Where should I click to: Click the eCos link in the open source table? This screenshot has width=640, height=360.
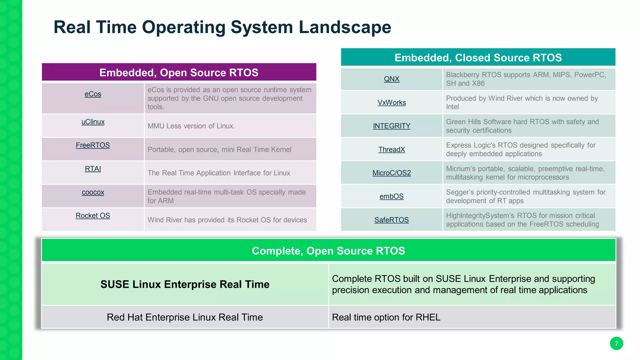(x=93, y=94)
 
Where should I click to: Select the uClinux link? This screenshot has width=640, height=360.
(x=93, y=122)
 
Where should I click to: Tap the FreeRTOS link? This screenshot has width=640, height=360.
(x=93, y=145)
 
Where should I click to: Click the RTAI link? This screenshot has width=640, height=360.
(x=93, y=169)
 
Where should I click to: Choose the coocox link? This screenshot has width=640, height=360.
(x=93, y=192)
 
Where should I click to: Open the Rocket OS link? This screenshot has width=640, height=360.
(x=93, y=216)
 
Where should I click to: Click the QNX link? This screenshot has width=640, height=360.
(x=392, y=79)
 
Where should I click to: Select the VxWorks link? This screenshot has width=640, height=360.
(x=392, y=102)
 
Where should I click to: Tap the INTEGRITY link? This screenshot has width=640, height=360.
(x=392, y=126)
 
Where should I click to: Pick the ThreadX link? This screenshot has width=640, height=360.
(x=392, y=149)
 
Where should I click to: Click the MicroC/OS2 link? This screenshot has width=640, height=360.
(x=392, y=173)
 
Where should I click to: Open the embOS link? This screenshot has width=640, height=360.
(x=392, y=196)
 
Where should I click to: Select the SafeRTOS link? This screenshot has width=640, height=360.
(x=392, y=220)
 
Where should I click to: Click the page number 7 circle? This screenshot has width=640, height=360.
(x=616, y=343)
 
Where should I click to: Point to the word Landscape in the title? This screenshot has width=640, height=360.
(x=345, y=27)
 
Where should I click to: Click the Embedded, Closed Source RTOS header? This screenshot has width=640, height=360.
(x=478, y=57)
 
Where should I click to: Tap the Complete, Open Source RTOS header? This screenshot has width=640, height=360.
(x=328, y=251)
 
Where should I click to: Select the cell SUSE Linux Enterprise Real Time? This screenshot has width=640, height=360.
(x=185, y=284)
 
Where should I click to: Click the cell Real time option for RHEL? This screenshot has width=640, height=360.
(x=386, y=317)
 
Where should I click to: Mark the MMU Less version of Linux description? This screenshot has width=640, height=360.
(x=191, y=126)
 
